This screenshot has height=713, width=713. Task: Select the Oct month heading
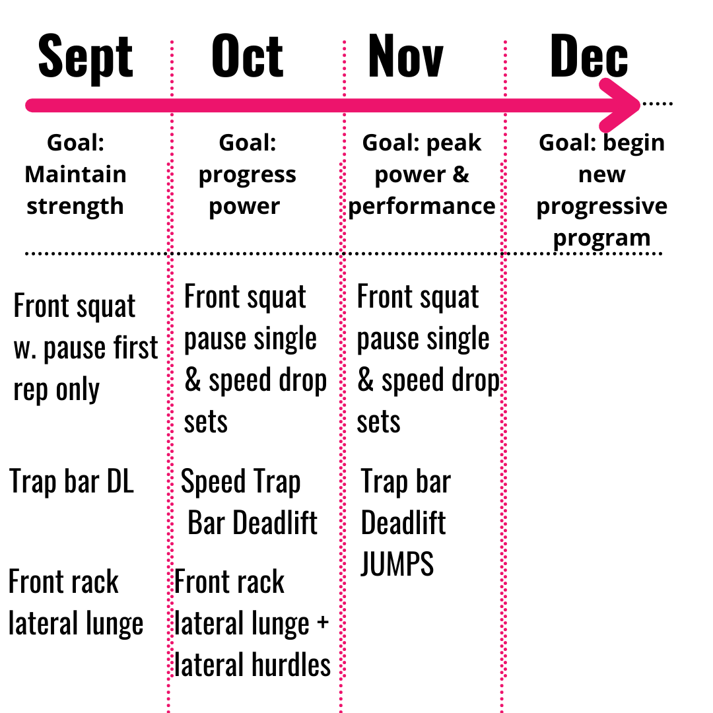point(248,56)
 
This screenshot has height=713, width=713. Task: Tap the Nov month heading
point(405,56)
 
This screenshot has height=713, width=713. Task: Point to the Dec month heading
point(588,56)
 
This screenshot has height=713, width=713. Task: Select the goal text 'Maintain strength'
point(75,190)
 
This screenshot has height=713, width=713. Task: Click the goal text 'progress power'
point(247,190)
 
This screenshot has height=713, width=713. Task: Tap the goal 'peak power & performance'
point(422,175)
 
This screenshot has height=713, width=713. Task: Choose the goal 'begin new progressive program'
point(601,190)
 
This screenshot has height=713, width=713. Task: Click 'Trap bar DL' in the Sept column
point(72,481)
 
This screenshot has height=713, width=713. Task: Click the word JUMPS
point(397,564)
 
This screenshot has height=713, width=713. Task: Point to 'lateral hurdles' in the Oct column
point(253,664)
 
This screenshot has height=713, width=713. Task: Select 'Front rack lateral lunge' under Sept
point(75,602)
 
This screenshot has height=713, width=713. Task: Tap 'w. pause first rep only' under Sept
point(86,368)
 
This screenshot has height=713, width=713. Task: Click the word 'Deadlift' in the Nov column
point(403,523)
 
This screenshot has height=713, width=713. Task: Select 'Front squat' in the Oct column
point(245,297)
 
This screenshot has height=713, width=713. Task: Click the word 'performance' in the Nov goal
point(422,206)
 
